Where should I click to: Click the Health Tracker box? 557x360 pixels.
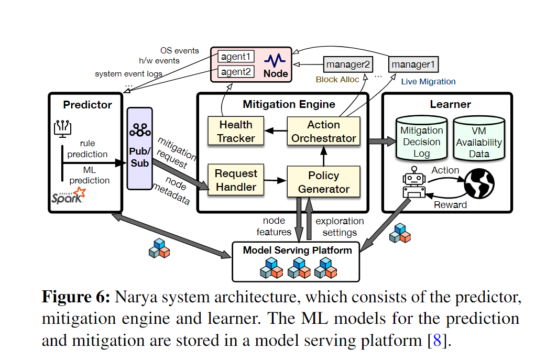(x=236, y=132)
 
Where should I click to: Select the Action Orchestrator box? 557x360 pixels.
(x=324, y=132)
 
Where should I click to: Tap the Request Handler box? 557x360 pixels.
(x=236, y=180)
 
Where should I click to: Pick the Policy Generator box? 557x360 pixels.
(x=324, y=182)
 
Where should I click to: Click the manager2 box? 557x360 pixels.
(x=348, y=64)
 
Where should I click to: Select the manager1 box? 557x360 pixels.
(x=413, y=64)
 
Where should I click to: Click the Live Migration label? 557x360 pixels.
(x=428, y=82)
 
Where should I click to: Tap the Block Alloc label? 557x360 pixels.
(x=337, y=80)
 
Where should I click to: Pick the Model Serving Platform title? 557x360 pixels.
(x=297, y=250)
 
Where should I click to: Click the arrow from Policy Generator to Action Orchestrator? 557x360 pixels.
(x=324, y=155)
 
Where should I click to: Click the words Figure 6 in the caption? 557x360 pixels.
(x=75, y=297)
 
